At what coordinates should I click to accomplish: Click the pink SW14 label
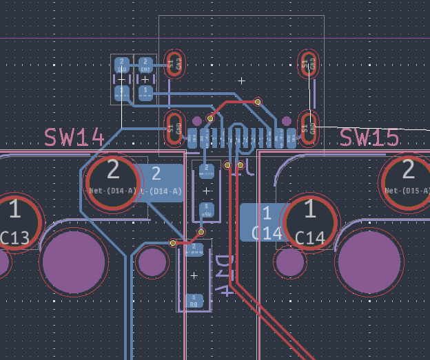click(x=74, y=138)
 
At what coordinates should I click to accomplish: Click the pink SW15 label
click(x=369, y=138)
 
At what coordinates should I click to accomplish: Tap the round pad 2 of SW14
click(x=113, y=180)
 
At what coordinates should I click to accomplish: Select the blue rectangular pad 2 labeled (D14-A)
click(x=158, y=182)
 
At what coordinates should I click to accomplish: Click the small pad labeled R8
click(x=194, y=301)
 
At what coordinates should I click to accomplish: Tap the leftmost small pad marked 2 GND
click(x=122, y=66)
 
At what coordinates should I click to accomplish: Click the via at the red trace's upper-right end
click(x=258, y=102)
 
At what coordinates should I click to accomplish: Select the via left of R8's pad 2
click(x=173, y=243)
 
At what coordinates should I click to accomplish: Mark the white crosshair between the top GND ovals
click(x=242, y=81)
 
